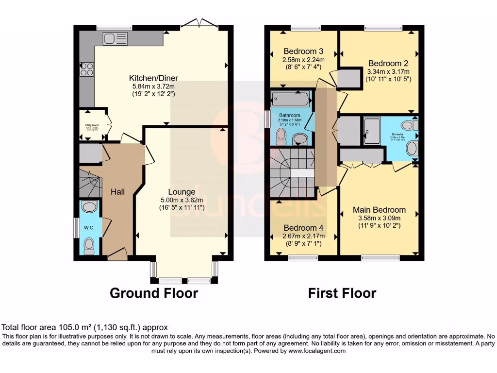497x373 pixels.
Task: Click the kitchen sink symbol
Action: (115, 38)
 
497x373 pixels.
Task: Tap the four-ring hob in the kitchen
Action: (87, 69)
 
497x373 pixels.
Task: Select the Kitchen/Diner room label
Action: (153, 78)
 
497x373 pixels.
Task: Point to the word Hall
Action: (117, 192)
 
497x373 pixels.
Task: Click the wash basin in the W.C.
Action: (89, 208)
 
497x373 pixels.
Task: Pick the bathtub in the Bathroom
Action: (291, 100)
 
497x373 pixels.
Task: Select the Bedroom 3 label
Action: (303, 51)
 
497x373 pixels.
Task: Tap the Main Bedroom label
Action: (380, 210)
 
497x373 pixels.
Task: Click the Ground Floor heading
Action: (154, 293)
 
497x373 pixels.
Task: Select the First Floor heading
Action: (342, 293)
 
